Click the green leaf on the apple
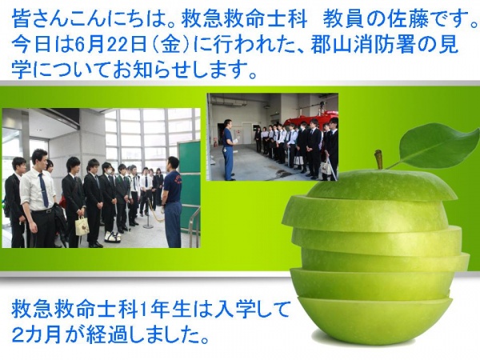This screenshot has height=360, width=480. [x=441, y=145]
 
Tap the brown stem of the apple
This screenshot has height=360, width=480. [x=379, y=159]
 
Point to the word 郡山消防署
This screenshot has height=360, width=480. [x=361, y=44]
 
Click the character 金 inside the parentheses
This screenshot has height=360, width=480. [x=170, y=44]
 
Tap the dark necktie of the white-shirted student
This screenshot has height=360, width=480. [x=43, y=190]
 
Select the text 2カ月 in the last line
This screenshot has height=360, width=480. [x=37, y=335]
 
